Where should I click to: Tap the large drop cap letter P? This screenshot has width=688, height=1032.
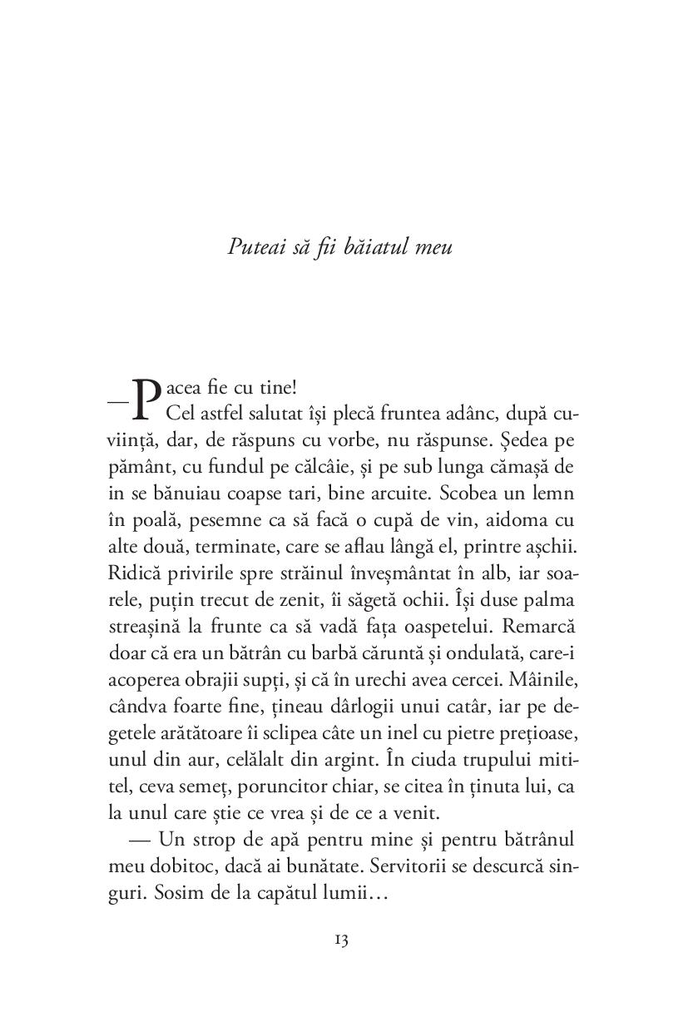click(146, 398)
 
